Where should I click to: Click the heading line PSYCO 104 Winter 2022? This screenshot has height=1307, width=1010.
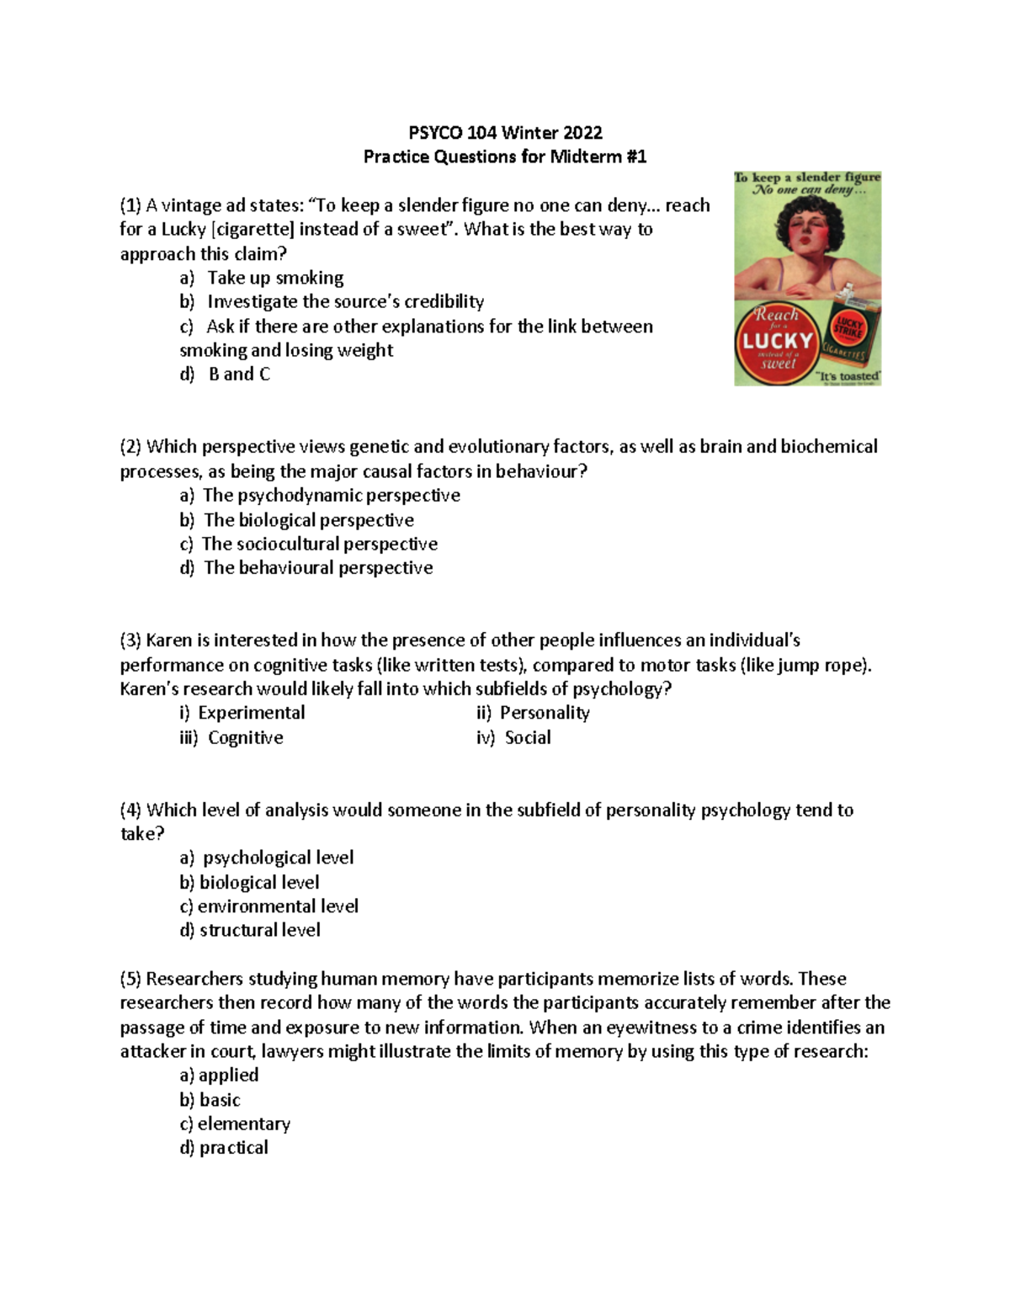click(x=505, y=132)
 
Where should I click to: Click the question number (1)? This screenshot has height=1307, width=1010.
click(x=130, y=205)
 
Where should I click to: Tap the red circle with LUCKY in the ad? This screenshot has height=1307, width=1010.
click(x=777, y=340)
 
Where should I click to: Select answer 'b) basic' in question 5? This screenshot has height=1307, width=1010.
click(x=210, y=1100)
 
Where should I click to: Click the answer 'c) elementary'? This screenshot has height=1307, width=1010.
click(x=235, y=1124)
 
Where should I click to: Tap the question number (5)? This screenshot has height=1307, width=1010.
click(x=130, y=979)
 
